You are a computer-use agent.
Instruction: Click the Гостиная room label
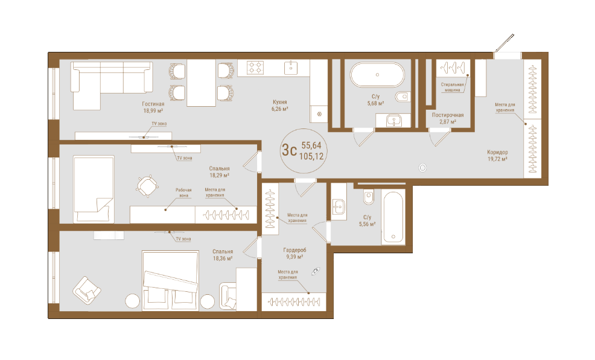[x=153, y=104]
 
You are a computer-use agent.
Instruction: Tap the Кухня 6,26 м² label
[x=279, y=106]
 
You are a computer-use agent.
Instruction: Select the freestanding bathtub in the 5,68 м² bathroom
[x=377, y=75]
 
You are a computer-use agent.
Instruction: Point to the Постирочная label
[x=448, y=115]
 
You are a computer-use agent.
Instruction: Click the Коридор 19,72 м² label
[x=497, y=156]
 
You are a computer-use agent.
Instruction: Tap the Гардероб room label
[x=294, y=250]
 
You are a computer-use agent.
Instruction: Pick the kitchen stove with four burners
[x=255, y=68]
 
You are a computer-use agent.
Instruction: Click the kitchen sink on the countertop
[x=291, y=68]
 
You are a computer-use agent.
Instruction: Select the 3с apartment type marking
[x=289, y=150]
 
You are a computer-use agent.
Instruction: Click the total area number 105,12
[x=311, y=156]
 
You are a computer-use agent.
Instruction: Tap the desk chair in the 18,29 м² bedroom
[x=147, y=186]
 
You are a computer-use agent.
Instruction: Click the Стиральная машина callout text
[x=453, y=87]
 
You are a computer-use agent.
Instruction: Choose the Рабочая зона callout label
[x=183, y=193]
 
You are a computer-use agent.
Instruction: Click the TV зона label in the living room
[x=159, y=124]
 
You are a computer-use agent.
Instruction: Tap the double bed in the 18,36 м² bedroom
[x=171, y=280]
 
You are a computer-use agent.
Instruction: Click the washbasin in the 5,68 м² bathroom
[x=394, y=120]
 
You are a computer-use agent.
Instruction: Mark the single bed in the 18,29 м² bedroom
[x=94, y=189]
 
